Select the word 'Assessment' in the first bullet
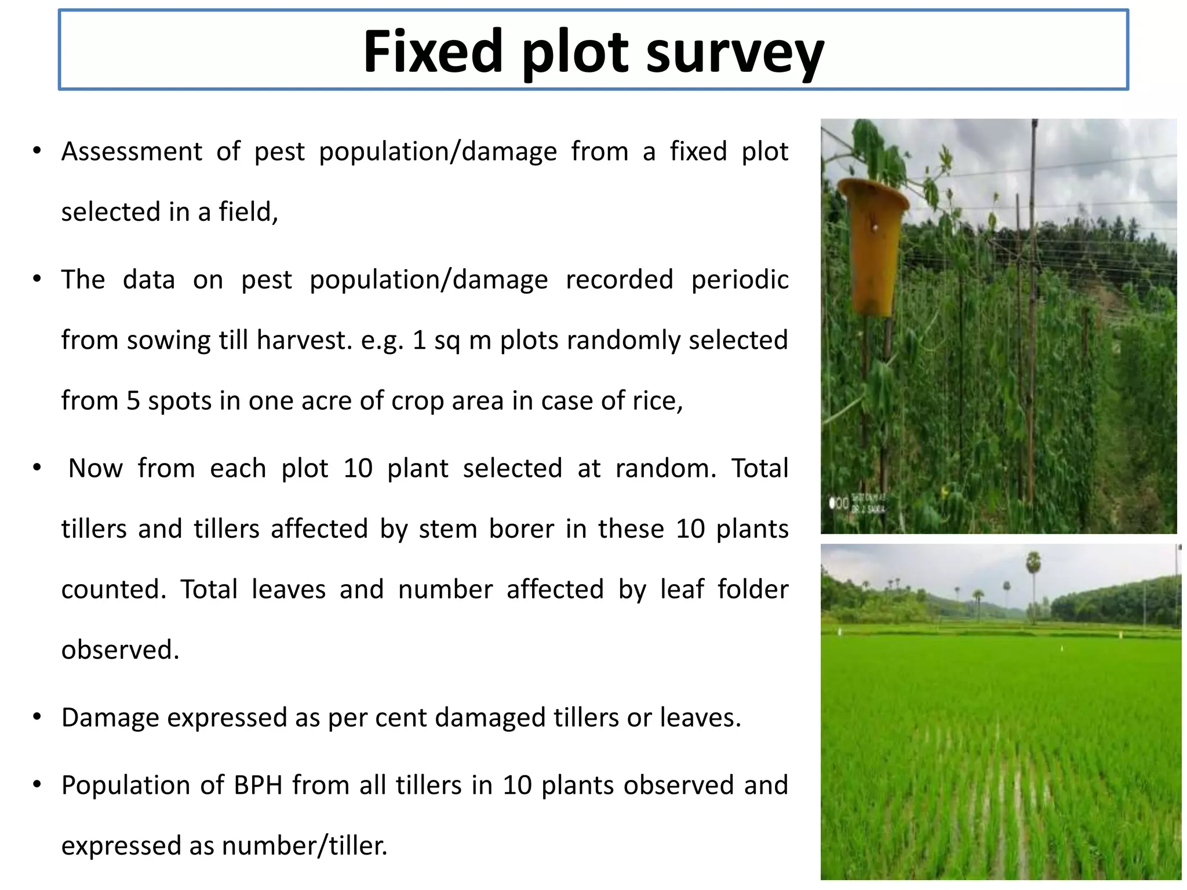click(132, 152)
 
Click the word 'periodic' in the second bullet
click(740, 280)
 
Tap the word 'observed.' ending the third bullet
click(121, 650)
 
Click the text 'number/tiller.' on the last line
click(305, 846)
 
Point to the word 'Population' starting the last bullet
click(124, 786)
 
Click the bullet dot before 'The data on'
click(37, 279)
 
